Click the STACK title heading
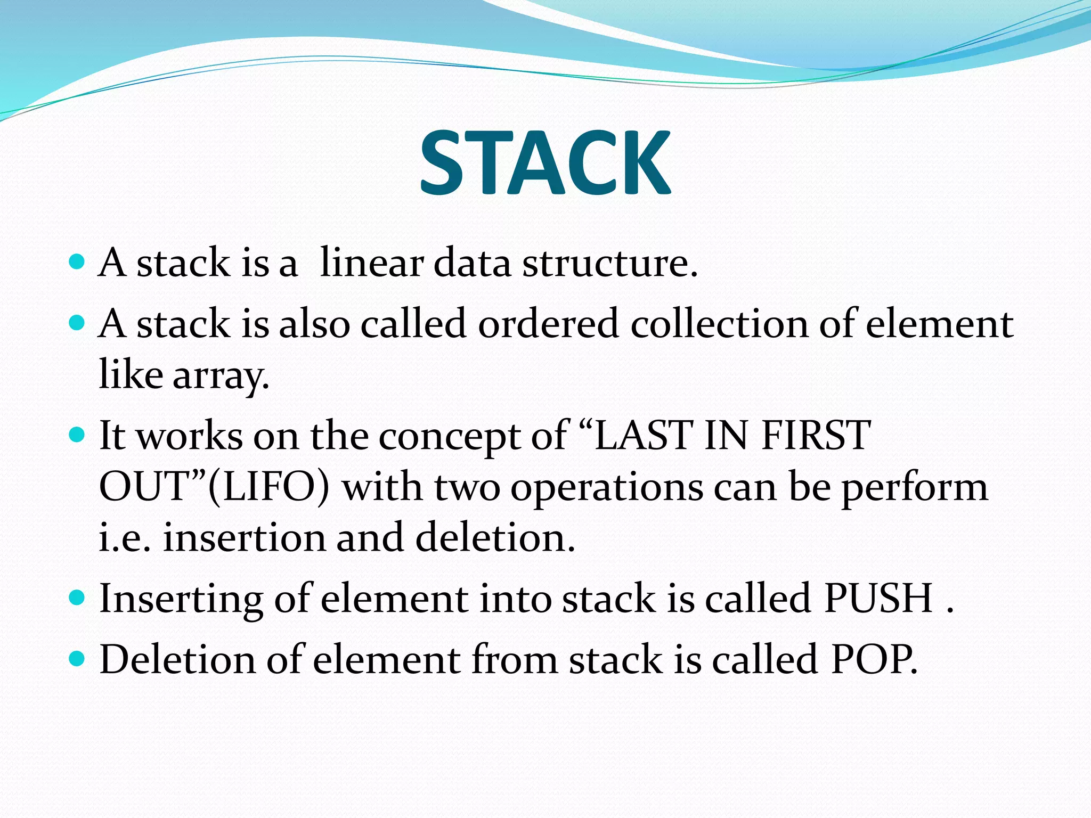coord(545,162)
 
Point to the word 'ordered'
coord(548,324)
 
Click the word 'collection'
coord(720,324)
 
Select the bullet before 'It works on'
coord(77,435)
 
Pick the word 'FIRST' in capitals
coord(816,436)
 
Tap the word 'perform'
coord(915,489)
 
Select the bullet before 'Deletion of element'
coord(77,659)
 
